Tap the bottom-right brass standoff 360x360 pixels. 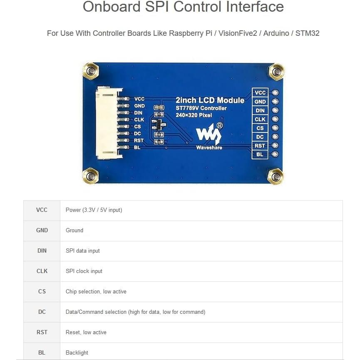point(275,176)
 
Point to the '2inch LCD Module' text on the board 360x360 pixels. point(210,100)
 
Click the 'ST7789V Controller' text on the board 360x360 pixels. point(201,108)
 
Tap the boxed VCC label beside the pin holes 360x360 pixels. point(260,93)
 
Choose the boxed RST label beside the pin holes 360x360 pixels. point(260,146)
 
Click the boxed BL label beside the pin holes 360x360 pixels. point(260,154)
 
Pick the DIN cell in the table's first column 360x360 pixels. point(42,251)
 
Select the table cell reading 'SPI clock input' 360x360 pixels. point(84,271)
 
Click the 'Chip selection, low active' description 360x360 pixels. point(96,291)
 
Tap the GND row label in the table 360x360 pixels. point(42,230)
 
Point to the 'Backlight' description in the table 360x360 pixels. point(77,353)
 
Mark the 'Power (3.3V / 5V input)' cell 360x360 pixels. point(94,210)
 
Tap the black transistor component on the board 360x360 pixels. point(158,124)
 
